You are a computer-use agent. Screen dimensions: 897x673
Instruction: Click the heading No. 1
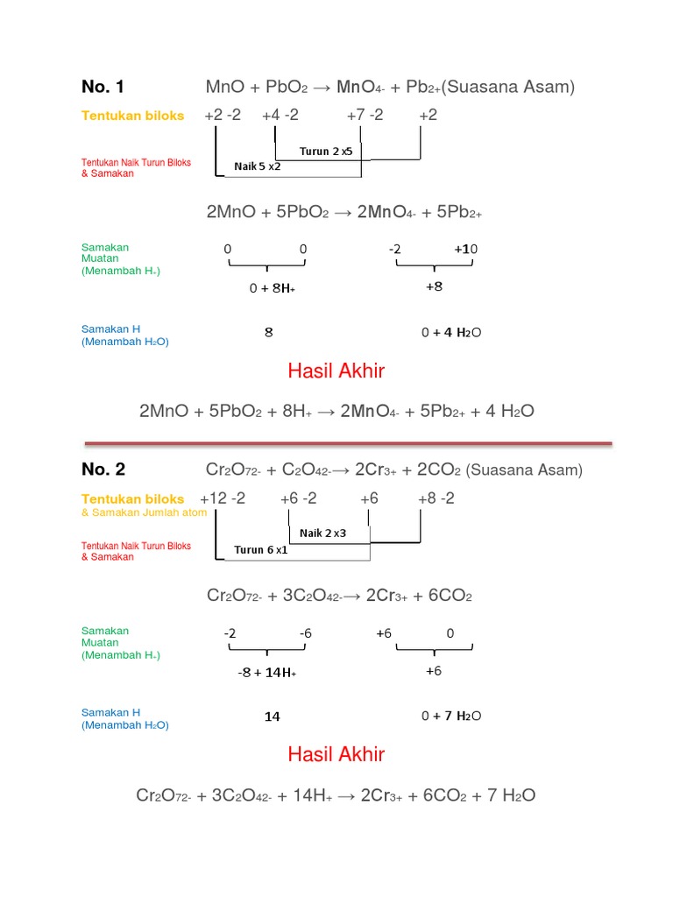point(103,87)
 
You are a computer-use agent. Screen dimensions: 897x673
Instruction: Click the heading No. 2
point(103,470)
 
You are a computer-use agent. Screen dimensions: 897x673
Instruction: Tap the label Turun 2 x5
point(326,151)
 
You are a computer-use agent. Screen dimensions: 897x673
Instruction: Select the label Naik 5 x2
point(258,166)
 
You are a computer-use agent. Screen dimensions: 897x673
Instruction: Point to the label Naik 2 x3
point(323,533)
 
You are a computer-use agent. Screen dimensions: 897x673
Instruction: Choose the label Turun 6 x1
point(260,550)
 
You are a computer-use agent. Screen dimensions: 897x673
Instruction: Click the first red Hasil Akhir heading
point(336,371)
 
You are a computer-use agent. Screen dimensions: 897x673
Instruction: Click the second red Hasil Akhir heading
point(336,754)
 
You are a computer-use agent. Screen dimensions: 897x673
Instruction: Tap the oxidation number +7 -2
point(365,116)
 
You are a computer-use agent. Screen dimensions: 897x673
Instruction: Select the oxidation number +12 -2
point(223,498)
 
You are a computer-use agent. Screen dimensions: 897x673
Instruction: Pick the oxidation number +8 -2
point(436,498)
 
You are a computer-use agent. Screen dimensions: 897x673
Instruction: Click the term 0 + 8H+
point(272,286)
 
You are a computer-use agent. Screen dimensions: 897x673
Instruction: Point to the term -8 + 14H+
point(267,672)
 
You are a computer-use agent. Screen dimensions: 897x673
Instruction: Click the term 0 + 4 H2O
point(451,332)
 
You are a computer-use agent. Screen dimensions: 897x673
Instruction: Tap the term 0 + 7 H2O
point(451,716)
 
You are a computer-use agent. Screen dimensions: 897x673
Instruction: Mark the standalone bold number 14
point(273,717)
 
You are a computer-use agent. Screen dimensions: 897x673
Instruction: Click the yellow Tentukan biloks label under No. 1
point(133,116)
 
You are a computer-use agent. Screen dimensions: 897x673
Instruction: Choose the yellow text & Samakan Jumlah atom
point(144,512)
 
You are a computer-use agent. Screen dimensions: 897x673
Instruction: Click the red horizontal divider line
point(347,441)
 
